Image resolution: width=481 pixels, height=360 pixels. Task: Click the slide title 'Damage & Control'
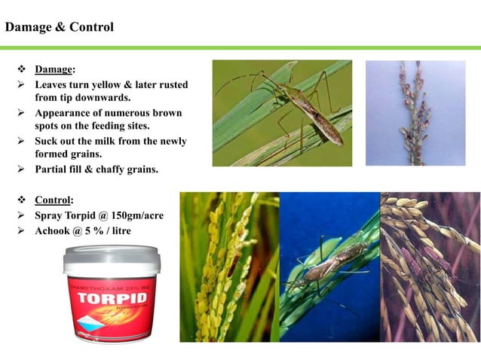[60, 28]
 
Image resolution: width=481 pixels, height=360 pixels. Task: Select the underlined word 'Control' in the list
[54, 200]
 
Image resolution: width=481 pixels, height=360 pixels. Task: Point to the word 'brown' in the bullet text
[168, 113]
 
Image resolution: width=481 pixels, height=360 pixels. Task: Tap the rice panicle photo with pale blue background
[415, 113]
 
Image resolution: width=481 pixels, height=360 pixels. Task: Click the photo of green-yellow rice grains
[228, 267]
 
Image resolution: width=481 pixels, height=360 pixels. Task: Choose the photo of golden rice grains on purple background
[429, 267]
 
